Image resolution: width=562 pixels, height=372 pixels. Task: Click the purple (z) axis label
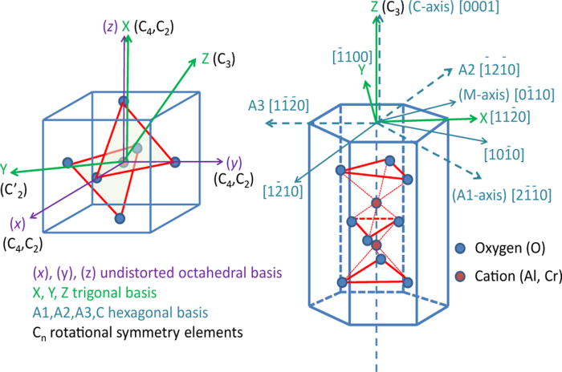[106, 25]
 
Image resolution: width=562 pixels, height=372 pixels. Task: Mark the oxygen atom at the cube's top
[123, 101]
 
